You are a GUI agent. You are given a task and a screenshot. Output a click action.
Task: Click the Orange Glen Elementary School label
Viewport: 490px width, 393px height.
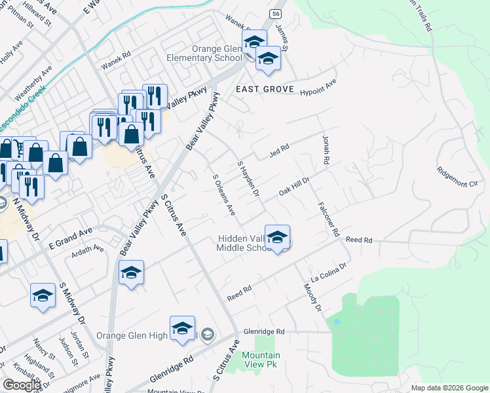pyautogui.click(x=208, y=53)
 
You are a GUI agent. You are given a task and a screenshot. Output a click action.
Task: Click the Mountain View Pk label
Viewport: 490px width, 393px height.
pyautogui.click(x=261, y=359)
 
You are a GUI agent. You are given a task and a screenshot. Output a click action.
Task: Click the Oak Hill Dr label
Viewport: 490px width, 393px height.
pyautogui.click(x=293, y=183)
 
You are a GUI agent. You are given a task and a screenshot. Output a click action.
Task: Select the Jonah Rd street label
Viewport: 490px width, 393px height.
pyautogui.click(x=325, y=150)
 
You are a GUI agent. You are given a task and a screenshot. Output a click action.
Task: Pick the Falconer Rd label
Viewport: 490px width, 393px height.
pyautogui.click(x=330, y=219)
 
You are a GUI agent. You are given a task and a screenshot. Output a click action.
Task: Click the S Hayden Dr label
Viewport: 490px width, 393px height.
pyautogui.click(x=248, y=179)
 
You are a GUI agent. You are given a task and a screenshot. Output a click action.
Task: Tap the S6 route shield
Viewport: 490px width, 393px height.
pyautogui.click(x=276, y=13)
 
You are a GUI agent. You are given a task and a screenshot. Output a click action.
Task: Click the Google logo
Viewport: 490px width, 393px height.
pyautogui.click(x=22, y=384)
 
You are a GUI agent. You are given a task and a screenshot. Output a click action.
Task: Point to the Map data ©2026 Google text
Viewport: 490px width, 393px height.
pyautogui.click(x=449, y=388)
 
